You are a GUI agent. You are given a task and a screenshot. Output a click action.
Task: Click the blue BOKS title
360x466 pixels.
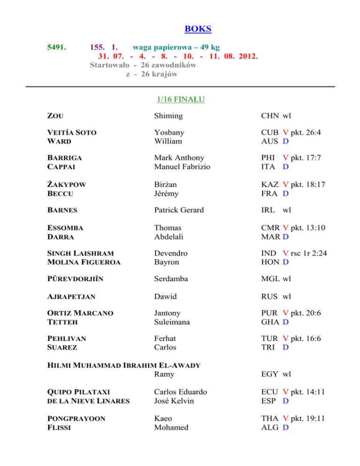coord(198,29)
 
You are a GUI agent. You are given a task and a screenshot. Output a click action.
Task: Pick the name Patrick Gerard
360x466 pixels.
coord(180,210)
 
